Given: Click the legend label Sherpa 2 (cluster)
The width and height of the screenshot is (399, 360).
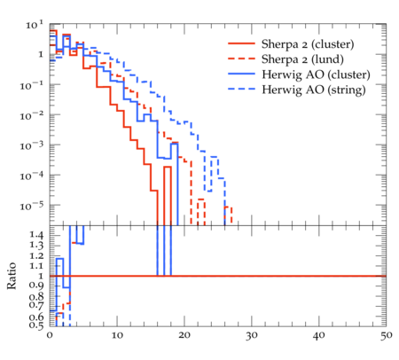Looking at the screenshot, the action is pyautogui.click(x=308, y=44).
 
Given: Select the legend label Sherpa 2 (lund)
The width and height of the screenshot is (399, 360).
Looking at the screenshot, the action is pyautogui.click(x=302, y=59).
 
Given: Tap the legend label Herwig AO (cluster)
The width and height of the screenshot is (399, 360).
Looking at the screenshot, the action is pyautogui.click(x=316, y=74).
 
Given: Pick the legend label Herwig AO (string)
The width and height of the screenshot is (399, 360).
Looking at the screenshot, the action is pyautogui.click(x=314, y=90).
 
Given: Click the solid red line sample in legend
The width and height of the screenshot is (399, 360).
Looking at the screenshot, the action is pyautogui.click(x=241, y=43).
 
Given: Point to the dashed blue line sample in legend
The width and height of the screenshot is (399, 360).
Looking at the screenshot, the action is pyautogui.click(x=241, y=89).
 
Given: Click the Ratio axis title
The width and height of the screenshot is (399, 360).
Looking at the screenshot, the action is pyautogui.click(x=12, y=276).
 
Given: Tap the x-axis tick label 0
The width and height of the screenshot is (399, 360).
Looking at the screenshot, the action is pyautogui.click(x=50, y=335).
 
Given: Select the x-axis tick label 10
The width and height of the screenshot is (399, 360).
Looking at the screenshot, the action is pyautogui.click(x=117, y=335).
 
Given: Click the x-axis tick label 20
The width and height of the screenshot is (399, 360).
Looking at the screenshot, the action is pyautogui.click(x=184, y=335).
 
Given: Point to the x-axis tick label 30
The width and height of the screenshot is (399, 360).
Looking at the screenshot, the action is pyautogui.click(x=252, y=335).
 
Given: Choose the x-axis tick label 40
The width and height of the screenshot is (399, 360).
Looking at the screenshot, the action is pyautogui.click(x=319, y=335).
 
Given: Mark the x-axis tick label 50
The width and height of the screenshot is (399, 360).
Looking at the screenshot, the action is pyautogui.click(x=387, y=335).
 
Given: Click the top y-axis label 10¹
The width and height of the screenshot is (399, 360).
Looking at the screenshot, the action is pyautogui.click(x=35, y=25).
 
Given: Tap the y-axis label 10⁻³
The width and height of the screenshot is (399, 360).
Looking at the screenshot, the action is pyautogui.click(x=32, y=145).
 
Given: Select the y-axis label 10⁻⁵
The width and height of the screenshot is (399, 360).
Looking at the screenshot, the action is pyautogui.click(x=32, y=206).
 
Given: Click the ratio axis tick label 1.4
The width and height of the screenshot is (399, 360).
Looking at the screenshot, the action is pyautogui.click(x=36, y=235).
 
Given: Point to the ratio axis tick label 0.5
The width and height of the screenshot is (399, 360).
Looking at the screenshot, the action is pyautogui.click(x=36, y=325).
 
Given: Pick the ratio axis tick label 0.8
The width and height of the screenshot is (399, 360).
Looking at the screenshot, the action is pyautogui.click(x=36, y=295).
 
